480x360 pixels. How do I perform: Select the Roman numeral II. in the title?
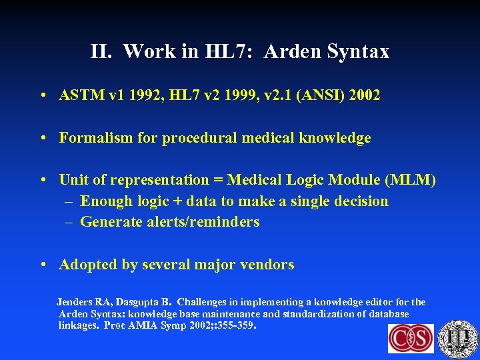[103, 51]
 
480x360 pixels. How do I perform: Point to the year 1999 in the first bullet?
[227, 95]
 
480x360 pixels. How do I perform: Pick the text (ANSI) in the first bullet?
[314, 95]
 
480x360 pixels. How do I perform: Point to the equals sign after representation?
[218, 180]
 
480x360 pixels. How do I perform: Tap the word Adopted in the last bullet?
[86, 265]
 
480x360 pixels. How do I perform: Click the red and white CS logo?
[411, 339]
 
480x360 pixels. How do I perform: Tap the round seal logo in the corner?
[459, 339]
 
